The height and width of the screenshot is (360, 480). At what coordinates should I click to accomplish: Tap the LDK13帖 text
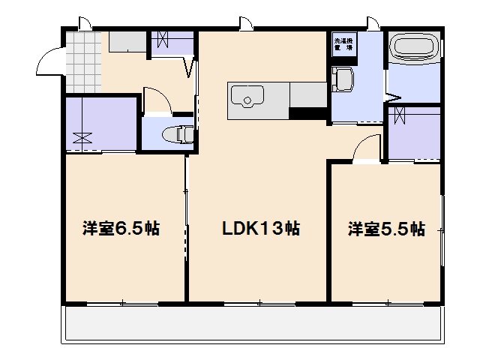click(260, 229)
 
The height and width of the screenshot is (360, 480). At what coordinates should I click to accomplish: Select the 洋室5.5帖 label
click(386, 229)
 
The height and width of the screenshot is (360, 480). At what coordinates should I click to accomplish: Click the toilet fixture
click(178, 135)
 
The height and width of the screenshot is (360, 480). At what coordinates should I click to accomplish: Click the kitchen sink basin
click(246, 97)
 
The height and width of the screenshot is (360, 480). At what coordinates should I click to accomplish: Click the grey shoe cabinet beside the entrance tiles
click(126, 42)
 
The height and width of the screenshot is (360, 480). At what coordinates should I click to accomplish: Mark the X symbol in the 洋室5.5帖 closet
click(400, 116)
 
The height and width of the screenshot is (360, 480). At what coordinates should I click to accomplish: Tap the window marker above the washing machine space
click(371, 22)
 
